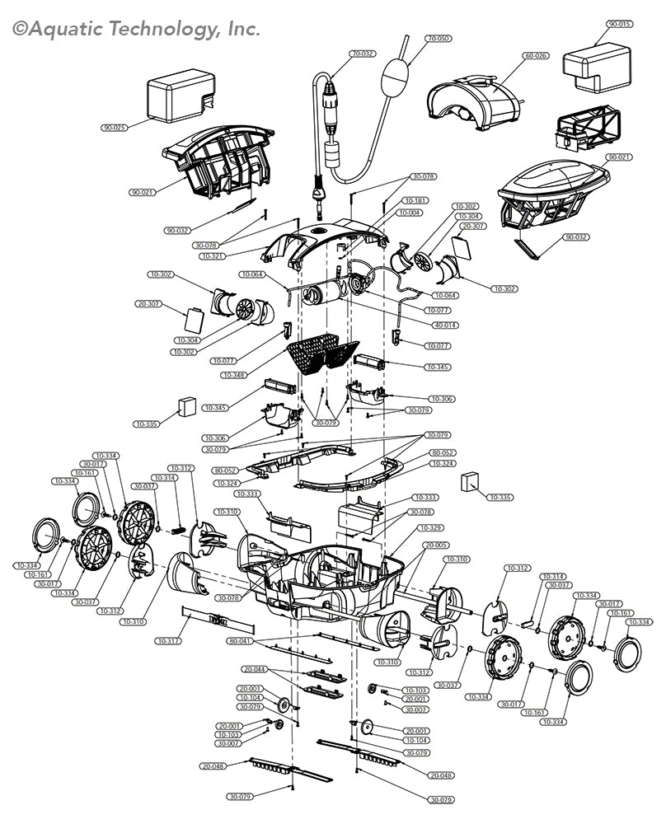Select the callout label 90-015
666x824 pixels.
click(x=620, y=25)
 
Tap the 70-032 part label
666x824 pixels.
click(x=362, y=54)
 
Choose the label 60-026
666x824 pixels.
click(x=535, y=56)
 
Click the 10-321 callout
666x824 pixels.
click(x=213, y=257)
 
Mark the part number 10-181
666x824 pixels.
click(x=415, y=200)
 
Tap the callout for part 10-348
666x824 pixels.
click(x=235, y=375)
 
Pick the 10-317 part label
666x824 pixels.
click(x=168, y=640)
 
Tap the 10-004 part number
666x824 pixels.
click(x=410, y=213)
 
